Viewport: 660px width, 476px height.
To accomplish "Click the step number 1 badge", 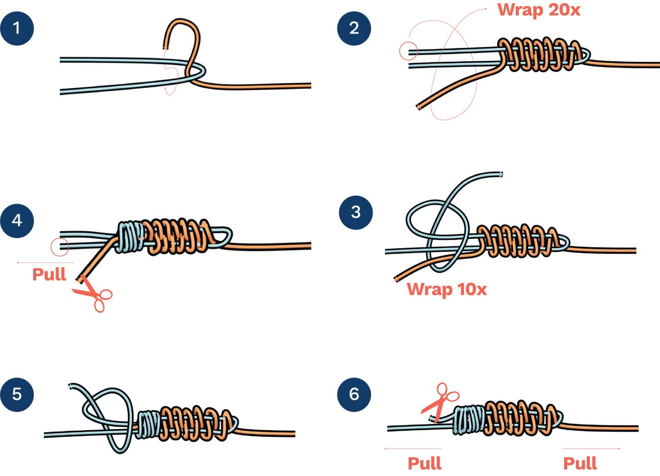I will (x=17, y=28).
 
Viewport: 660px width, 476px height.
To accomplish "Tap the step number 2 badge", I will (x=354, y=28).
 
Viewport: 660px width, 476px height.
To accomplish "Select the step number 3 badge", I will (x=355, y=212).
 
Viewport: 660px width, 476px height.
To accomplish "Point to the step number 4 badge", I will (x=17, y=220).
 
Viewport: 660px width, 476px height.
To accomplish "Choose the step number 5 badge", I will (x=17, y=395).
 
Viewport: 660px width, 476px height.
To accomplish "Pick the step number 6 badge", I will (x=354, y=395).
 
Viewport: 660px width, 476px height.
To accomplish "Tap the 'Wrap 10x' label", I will (x=447, y=289).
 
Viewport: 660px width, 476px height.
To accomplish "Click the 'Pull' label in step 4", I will (x=50, y=275).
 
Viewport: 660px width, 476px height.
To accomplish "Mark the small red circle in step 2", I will (x=408, y=51).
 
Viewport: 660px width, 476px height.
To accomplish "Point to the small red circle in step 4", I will (x=60, y=247).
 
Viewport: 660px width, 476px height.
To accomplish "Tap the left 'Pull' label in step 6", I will (x=425, y=463).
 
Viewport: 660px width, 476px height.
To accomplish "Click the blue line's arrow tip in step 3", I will (x=501, y=174).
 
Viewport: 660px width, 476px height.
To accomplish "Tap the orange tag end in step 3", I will (x=396, y=279).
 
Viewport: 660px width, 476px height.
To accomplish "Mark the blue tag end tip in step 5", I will (x=70, y=385).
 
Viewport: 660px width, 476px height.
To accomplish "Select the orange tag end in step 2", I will (x=419, y=107).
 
